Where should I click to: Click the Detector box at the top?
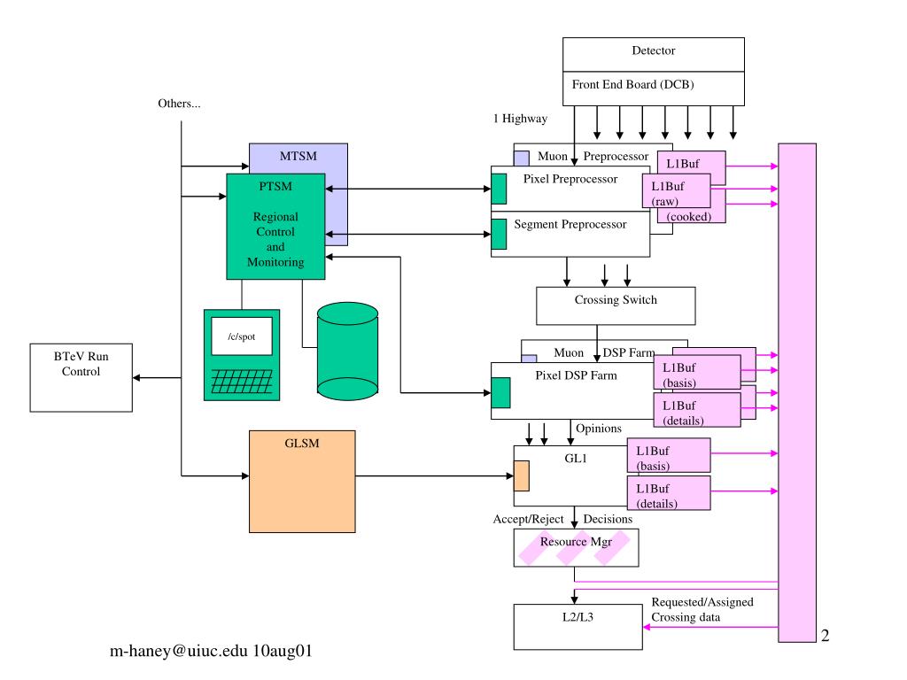click(x=653, y=54)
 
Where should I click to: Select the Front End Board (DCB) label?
click(x=632, y=84)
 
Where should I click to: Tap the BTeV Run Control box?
click(x=81, y=377)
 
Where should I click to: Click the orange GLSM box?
click(x=302, y=481)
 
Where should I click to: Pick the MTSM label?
click(x=298, y=156)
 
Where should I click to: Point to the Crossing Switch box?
click(x=616, y=305)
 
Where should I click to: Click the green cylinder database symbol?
click(x=347, y=352)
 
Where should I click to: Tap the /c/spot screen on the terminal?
click(x=242, y=336)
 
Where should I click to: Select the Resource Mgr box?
click(x=576, y=547)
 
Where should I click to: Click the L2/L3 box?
click(x=578, y=627)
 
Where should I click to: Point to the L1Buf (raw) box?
click(x=676, y=191)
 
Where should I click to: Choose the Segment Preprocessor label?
click(x=570, y=224)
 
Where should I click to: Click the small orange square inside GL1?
click(x=521, y=475)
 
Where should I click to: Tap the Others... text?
click(x=179, y=104)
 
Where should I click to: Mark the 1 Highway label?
click(x=520, y=119)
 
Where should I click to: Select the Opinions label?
click(x=599, y=429)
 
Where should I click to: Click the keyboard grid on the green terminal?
click(x=242, y=382)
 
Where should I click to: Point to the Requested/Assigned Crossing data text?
click(x=702, y=609)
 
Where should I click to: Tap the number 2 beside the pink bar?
click(x=825, y=636)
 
